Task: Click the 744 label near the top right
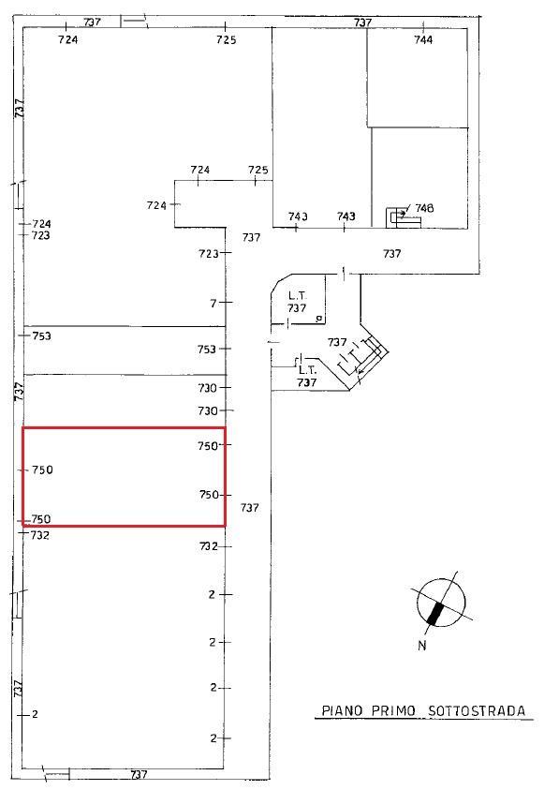pos(423,39)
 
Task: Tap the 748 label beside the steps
pos(424,208)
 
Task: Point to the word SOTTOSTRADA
pos(477,711)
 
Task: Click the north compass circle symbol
pos(441,603)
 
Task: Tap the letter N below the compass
pos(422,645)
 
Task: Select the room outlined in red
pos(124,477)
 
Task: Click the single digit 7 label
pos(213,304)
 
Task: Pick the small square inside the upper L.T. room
pos(318,319)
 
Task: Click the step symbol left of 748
pos(404,217)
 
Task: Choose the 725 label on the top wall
pos(227,39)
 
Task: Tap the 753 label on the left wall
pos(41,336)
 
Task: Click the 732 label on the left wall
pos(39,535)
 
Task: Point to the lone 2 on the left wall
pos(35,714)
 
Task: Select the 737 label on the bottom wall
pos(139,774)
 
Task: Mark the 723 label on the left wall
pos(41,235)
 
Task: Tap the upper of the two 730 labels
pos(207,388)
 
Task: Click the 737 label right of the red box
pos(250,508)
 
